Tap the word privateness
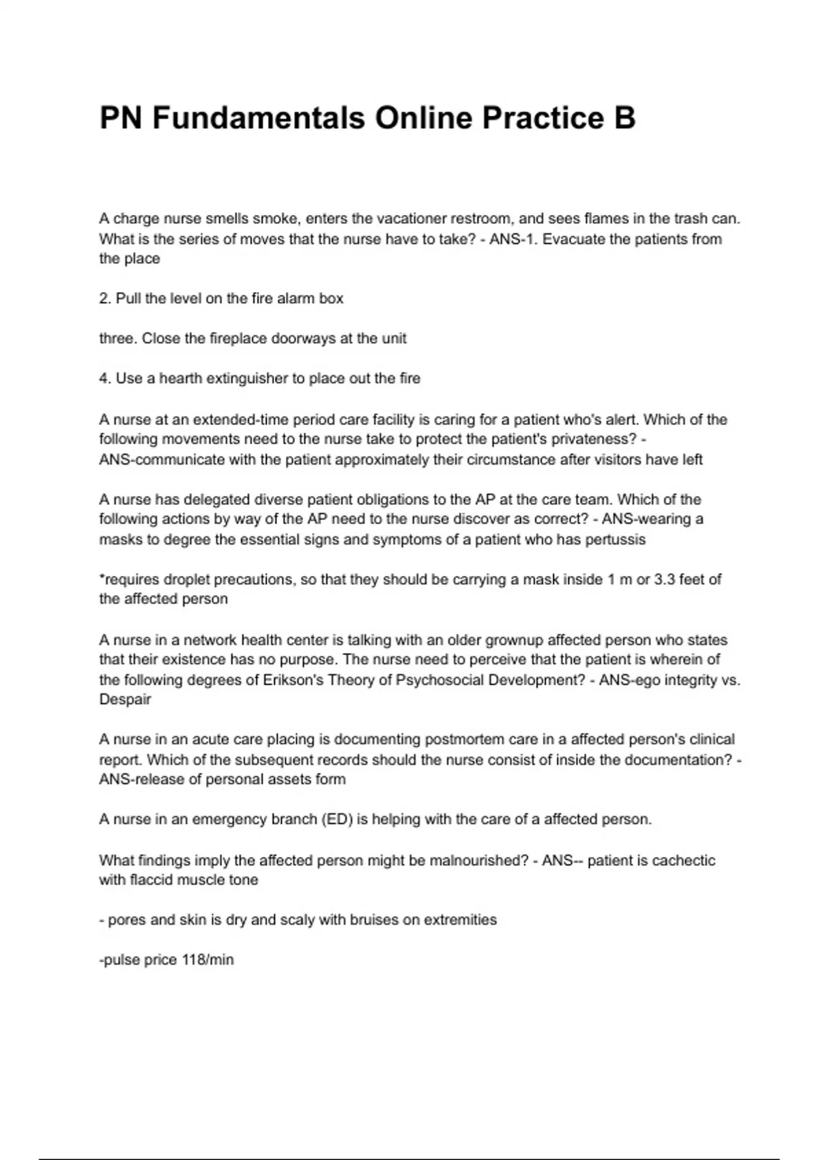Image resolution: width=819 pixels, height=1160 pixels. point(597,439)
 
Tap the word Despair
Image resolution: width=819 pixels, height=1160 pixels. point(125,699)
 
